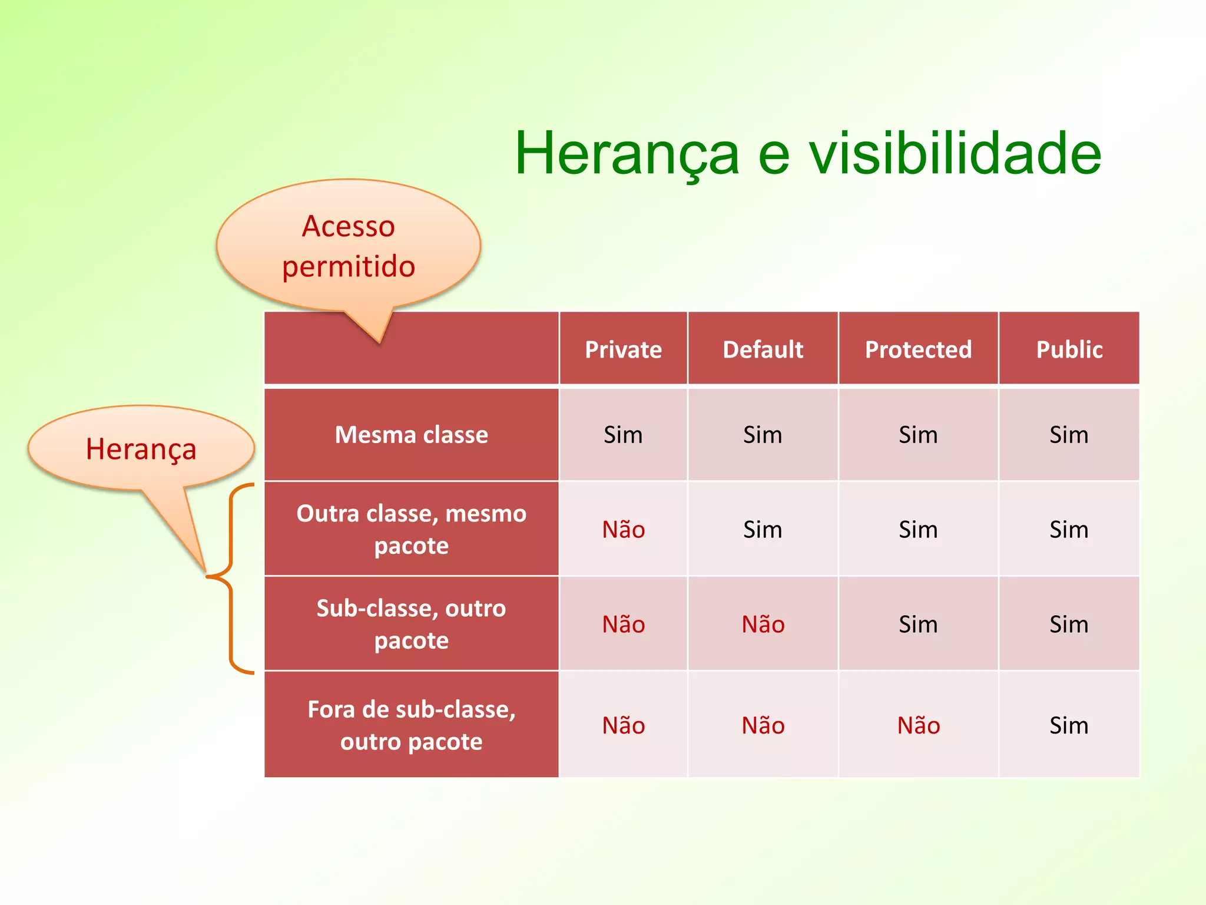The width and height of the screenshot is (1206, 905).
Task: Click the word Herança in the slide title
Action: [627, 154]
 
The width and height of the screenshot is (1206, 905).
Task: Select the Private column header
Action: [623, 349]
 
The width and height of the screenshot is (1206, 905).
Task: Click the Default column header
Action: [763, 349]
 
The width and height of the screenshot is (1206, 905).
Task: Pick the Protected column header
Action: [918, 349]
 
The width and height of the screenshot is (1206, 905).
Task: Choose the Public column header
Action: [1069, 349]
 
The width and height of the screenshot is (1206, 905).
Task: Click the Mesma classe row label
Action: [411, 435]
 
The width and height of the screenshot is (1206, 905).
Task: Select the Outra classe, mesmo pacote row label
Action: [411, 529]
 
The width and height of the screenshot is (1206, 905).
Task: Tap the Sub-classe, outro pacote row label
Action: [411, 624]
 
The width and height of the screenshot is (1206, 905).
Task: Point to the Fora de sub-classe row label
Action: [411, 725]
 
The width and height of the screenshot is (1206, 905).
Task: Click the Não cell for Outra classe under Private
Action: [623, 530]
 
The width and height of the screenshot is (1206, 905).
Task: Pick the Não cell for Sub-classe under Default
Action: [763, 625]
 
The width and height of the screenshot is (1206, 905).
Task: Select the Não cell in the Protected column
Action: [918, 726]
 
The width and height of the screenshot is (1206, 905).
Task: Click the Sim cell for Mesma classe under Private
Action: [623, 435]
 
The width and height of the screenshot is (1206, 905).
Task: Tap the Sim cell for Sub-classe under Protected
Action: [918, 625]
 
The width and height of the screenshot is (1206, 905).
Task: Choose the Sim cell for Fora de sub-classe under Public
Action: [1069, 726]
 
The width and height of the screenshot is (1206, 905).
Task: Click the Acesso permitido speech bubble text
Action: [348, 246]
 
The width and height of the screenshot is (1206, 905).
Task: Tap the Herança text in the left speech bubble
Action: [141, 449]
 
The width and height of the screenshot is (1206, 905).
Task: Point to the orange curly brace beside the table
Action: [231, 577]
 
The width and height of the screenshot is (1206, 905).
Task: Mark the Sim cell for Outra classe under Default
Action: [763, 530]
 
